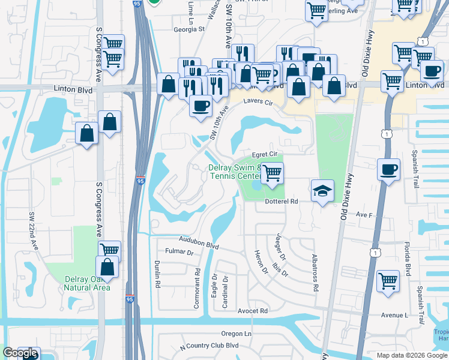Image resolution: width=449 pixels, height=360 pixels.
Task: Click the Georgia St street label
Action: [x=189, y=28]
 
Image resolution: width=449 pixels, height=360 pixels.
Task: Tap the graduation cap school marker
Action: [x=322, y=191]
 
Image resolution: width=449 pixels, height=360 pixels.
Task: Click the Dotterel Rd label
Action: [x=282, y=202]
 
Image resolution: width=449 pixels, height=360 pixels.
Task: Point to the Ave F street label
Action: [x=364, y=214]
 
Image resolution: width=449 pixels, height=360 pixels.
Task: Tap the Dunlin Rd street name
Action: [x=158, y=276]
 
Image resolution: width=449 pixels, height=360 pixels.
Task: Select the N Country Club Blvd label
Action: [x=209, y=345]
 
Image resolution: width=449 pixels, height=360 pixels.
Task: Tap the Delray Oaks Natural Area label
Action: [x=87, y=283]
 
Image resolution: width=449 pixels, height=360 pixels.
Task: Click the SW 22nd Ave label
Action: [x=34, y=231]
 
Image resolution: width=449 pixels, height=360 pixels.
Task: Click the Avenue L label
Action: [x=394, y=315]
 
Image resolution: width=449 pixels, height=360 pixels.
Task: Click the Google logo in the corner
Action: [x=20, y=353]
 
